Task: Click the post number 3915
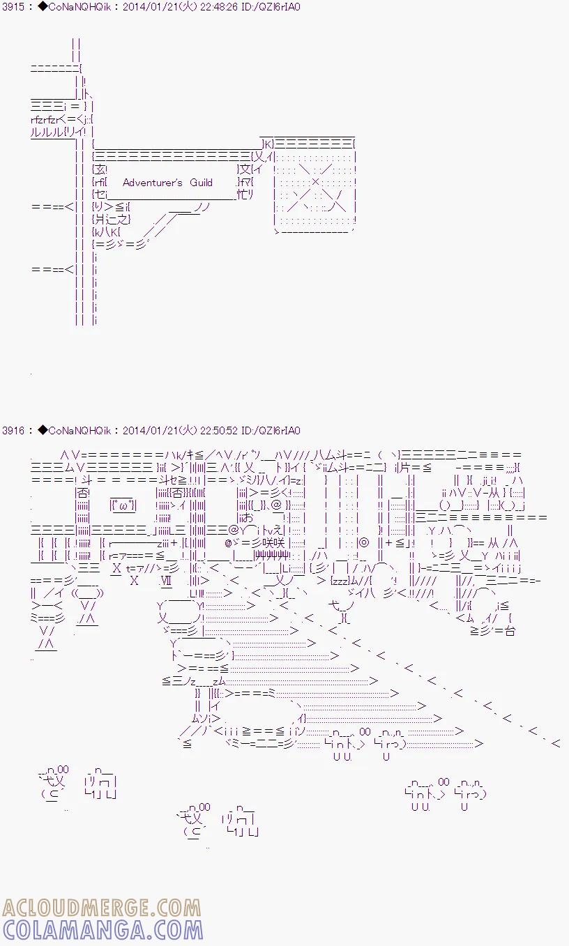pos(13,7)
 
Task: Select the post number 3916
pos(13,431)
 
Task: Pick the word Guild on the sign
pos(201,183)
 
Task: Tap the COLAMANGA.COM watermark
pos(93,930)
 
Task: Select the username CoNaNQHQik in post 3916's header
pos(77,431)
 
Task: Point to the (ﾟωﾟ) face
pos(123,505)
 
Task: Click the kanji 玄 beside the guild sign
pos(101,169)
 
